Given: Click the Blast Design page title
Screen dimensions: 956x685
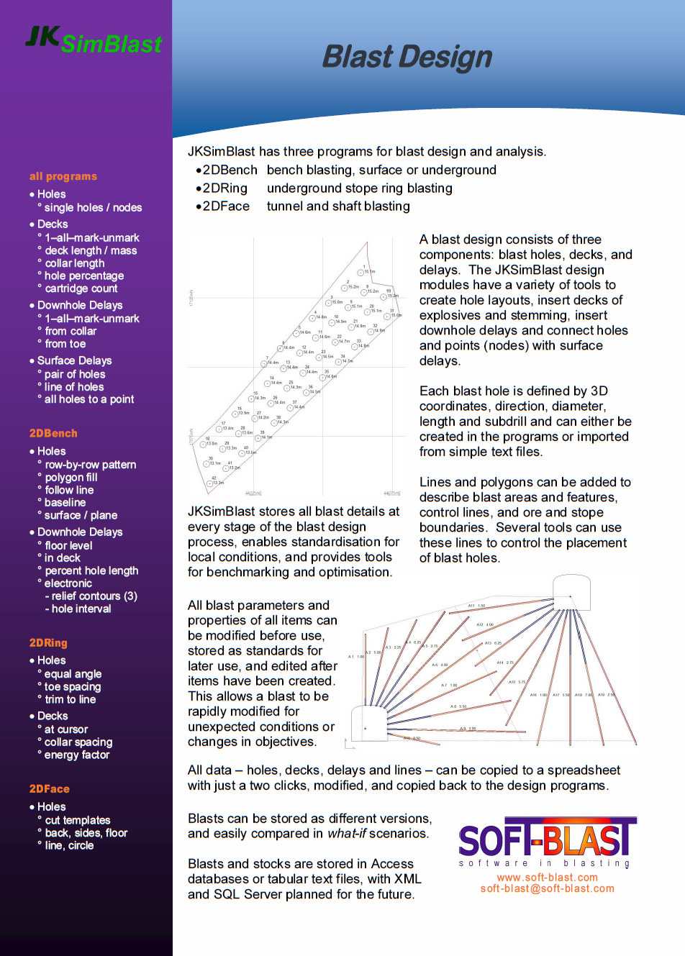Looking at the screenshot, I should [407, 57].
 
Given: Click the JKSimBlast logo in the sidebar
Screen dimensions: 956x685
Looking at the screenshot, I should [94, 40].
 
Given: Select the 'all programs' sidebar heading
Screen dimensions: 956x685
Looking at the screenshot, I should [63, 176].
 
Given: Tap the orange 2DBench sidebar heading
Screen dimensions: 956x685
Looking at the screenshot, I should [53, 433].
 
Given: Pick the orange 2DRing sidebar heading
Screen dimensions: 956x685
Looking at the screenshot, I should [48, 642].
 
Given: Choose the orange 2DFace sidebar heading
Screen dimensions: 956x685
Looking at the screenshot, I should [50, 788].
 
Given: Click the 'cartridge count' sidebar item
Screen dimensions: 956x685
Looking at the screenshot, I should [81, 288].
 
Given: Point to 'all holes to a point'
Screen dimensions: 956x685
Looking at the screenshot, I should [89, 399].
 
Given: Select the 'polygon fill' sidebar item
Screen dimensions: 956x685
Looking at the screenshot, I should [71, 478].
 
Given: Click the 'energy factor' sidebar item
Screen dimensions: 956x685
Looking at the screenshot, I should [77, 755].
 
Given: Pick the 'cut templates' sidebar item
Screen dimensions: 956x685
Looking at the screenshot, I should [78, 820].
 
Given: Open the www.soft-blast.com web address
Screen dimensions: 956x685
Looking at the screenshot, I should [547, 878].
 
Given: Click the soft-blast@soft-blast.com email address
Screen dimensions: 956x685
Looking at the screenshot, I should [548, 889].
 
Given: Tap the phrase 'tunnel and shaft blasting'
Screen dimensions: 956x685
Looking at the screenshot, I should [338, 206].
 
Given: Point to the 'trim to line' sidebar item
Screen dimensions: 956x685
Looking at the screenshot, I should [70, 699].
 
